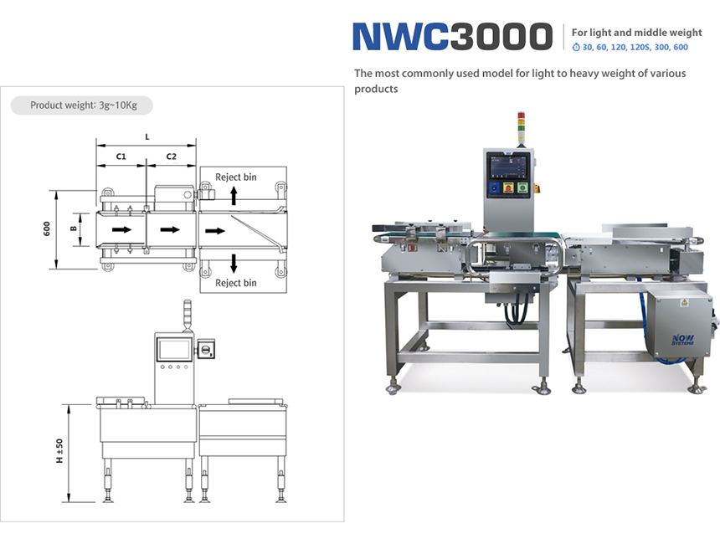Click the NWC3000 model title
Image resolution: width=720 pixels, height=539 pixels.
pos(452,36)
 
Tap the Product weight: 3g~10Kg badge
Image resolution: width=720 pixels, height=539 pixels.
pos(82,105)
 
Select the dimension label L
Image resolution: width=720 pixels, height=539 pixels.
pos(147,136)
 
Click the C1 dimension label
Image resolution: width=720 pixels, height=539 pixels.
pos(121,157)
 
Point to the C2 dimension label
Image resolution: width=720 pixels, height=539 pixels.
pos(172,157)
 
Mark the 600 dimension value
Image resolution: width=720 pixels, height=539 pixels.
pos(47,228)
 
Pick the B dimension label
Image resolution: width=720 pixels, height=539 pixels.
pos(74,228)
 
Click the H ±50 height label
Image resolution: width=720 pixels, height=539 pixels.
pos(59,450)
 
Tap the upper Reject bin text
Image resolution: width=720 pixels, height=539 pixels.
pos(235,177)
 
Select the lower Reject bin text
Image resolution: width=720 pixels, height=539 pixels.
pos(235,283)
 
